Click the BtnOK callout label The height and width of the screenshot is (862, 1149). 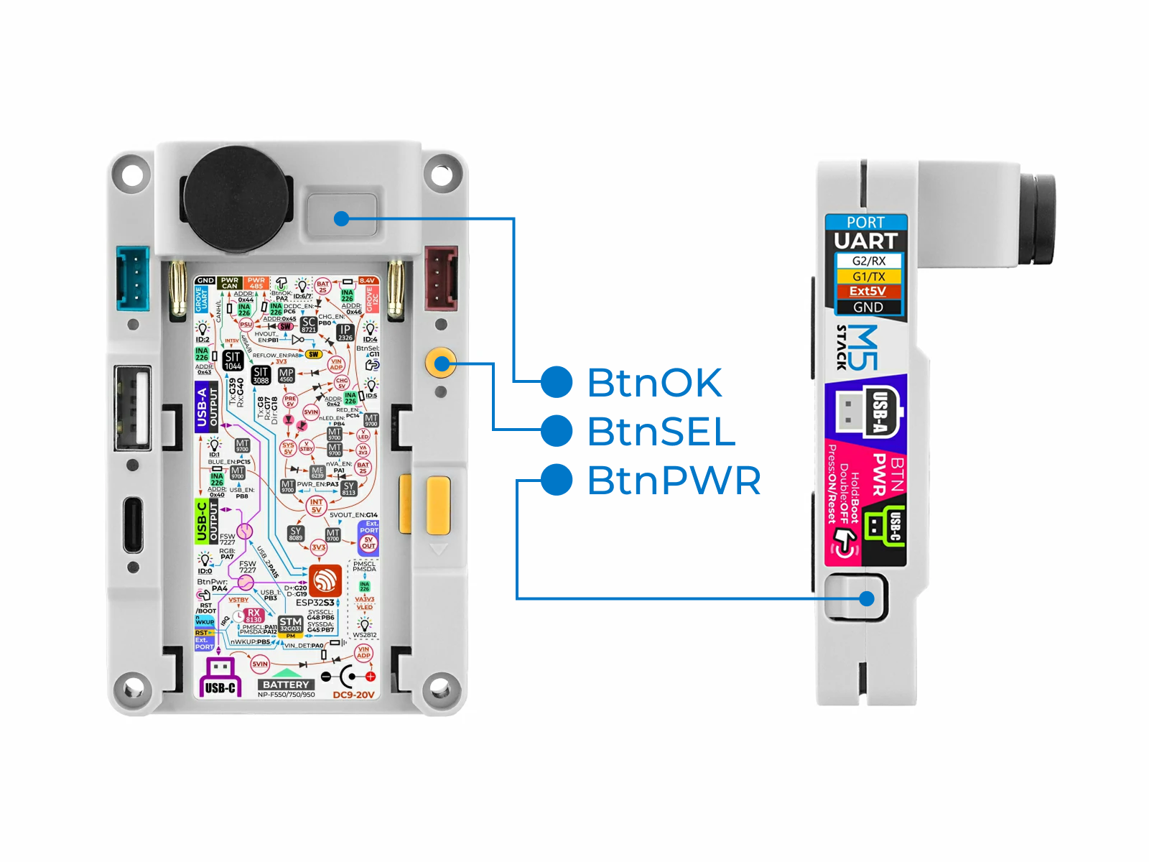[x=653, y=382]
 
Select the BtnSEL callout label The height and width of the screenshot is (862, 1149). [x=661, y=431]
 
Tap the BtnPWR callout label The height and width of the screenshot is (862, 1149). [x=674, y=481]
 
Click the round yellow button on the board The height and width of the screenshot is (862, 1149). [x=440, y=363]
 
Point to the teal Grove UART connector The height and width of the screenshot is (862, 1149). [x=133, y=278]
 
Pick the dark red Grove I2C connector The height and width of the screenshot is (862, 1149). [x=441, y=278]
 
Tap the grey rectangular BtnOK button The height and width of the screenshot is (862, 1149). [x=342, y=215]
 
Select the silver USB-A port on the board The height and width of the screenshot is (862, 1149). [x=133, y=407]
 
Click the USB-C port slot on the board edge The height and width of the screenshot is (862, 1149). [x=133, y=524]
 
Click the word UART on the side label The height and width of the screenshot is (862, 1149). [x=866, y=241]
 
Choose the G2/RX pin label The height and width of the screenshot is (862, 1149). [x=868, y=261]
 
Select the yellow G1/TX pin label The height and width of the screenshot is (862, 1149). [x=868, y=277]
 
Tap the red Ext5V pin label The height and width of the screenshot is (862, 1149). [x=867, y=292]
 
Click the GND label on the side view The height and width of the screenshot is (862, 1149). [x=867, y=307]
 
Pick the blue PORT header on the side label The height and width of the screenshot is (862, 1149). [x=865, y=223]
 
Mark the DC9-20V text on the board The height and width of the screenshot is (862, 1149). [x=353, y=695]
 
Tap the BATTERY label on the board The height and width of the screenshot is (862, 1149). [x=286, y=685]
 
